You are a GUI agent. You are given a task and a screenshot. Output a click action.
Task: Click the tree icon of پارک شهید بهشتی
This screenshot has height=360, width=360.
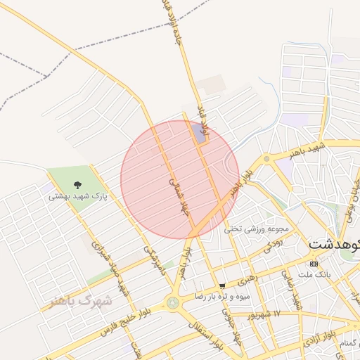click(72, 184)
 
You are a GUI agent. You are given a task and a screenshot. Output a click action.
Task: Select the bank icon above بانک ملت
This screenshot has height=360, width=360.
click(314, 263)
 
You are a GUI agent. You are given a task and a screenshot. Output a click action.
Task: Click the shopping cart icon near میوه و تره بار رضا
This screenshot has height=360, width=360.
click(223, 285)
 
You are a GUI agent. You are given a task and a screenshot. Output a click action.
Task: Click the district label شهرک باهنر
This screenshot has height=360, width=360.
click(81, 301)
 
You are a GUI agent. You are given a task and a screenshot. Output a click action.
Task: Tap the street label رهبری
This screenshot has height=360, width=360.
click(247, 280)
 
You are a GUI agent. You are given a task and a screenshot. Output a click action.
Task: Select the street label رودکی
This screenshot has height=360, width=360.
click(272, 244)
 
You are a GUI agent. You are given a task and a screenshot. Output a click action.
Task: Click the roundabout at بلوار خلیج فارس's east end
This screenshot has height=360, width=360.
click(172, 303)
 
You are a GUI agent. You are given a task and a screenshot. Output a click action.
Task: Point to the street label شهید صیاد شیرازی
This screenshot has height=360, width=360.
click(116, 271)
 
